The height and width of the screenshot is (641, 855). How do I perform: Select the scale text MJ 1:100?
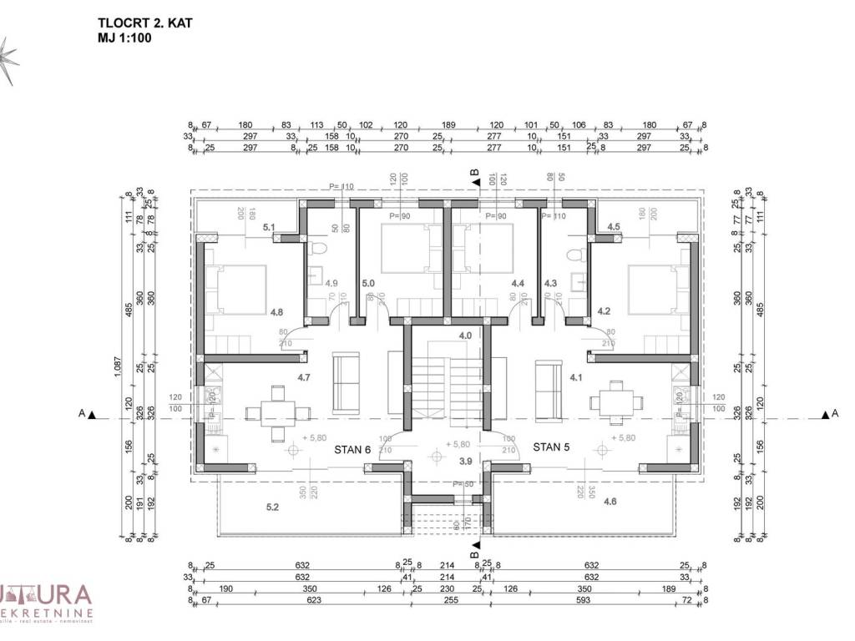pos(124,38)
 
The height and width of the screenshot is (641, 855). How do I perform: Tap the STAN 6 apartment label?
pos(352,449)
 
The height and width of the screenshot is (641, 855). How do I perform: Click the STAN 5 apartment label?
pos(551,447)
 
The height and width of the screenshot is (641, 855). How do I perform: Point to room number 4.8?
pos(276,312)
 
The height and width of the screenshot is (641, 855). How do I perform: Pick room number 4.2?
pos(605,310)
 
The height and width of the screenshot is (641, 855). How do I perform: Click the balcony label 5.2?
pos(273,507)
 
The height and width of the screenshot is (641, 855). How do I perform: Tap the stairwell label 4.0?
pos(465,336)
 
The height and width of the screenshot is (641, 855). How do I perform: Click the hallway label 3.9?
pos(465,461)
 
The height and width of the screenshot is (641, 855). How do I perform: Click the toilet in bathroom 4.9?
pos(317,250)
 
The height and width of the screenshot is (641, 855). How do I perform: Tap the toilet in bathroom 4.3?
pos(572,250)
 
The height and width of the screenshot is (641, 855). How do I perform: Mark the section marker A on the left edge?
pos(83,413)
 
